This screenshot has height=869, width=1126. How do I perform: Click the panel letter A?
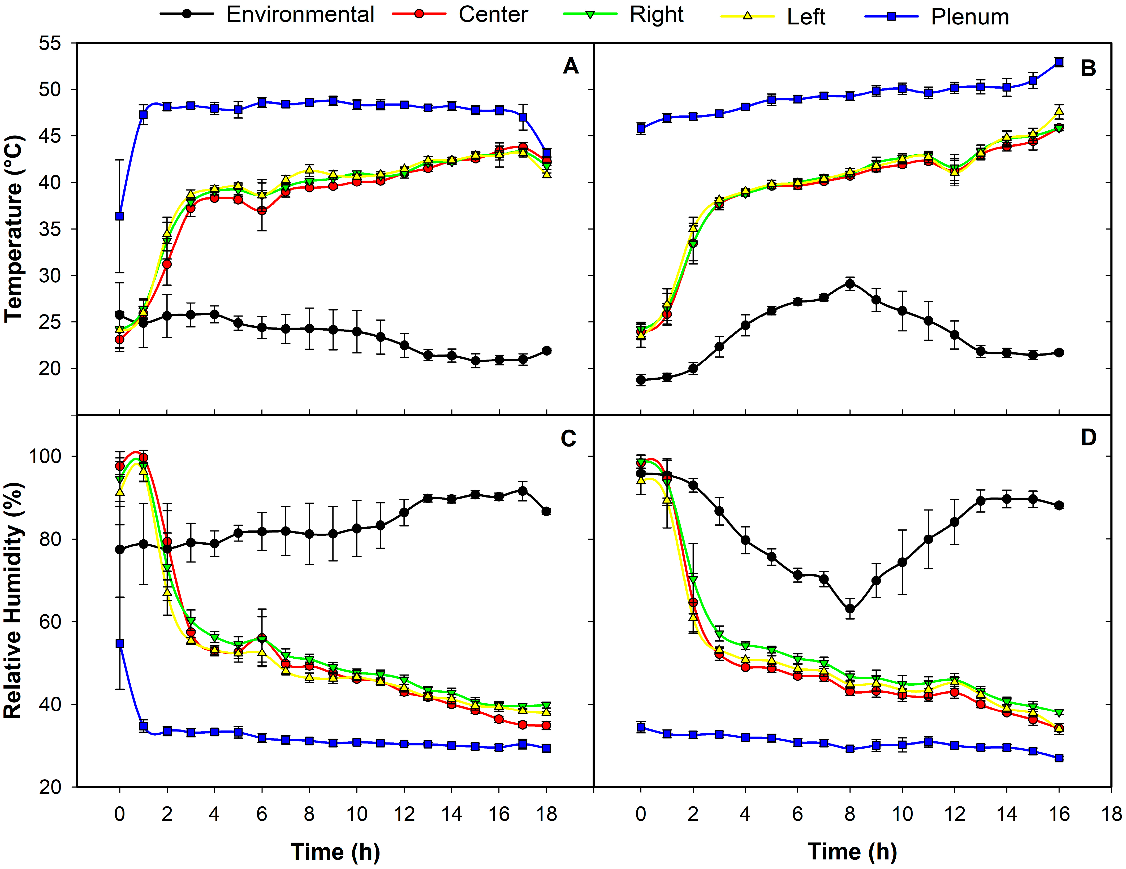[x=570, y=66]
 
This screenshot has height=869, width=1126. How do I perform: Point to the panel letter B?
[x=1088, y=68]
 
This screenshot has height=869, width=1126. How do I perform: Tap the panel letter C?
[x=568, y=439]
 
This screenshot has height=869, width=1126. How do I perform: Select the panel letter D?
[x=1088, y=438]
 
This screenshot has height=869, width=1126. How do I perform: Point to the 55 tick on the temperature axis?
[x=50, y=43]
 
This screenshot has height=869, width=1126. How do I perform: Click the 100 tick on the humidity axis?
[x=45, y=456]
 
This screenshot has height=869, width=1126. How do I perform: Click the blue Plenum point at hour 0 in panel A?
[x=120, y=216]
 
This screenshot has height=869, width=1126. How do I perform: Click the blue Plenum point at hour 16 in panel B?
[x=1059, y=62]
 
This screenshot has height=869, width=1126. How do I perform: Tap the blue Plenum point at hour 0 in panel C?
[x=120, y=643]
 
